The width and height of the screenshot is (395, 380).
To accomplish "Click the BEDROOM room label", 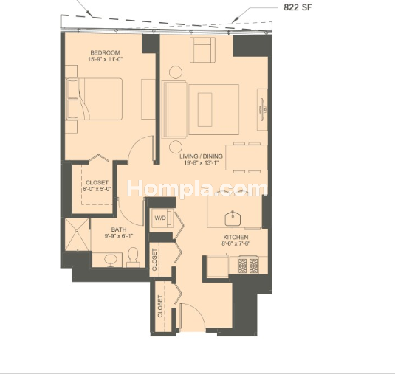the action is pos(105,53).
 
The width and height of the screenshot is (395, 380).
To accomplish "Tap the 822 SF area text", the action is pos(298,7).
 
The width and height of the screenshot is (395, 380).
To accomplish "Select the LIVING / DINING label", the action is pos(201,156).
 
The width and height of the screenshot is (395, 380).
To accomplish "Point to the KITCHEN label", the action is pos(236,237).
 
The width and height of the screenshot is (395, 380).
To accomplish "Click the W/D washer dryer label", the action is pos(160,218).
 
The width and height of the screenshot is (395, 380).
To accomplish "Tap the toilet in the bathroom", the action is pos(133,257).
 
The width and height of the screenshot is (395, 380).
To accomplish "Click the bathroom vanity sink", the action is pos(111,260).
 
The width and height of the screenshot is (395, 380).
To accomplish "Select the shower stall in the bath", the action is pos(77,235).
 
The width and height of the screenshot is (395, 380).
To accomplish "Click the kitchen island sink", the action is pos(233,218).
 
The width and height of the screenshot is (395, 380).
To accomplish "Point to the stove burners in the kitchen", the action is pos(248,266).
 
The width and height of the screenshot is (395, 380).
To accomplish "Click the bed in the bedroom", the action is pos(94,99).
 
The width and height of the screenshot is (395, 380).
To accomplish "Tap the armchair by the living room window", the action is pos(202,50).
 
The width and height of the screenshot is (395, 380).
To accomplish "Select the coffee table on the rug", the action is pos(205,109).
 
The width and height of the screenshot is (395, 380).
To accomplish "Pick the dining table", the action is pos(247,158).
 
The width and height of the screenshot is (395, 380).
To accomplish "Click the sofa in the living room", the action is pos(174,109).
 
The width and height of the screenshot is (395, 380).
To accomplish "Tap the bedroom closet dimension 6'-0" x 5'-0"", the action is pos(97,189).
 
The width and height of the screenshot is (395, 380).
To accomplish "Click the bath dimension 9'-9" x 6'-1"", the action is pos(118,236).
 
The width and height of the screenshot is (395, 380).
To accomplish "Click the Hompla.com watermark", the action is pos(197,188).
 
